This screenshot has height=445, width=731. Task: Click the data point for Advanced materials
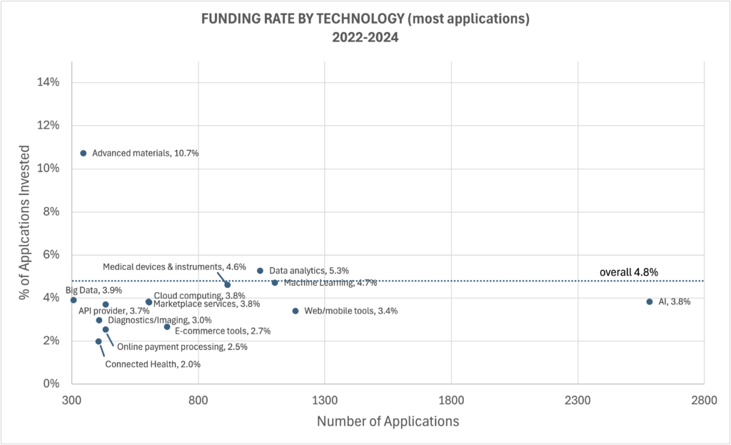point(83,153)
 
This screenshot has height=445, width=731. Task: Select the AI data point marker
point(649,301)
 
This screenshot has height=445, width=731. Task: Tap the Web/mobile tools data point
point(295,311)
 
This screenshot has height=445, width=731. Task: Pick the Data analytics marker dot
point(260,271)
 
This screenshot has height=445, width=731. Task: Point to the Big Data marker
point(74,300)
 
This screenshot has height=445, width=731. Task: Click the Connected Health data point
point(99,341)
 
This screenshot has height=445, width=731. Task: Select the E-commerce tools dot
point(167,326)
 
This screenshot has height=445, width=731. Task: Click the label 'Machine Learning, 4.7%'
point(330,283)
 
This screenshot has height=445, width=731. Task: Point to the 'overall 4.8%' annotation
point(628,272)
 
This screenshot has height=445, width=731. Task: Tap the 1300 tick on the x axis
point(325,400)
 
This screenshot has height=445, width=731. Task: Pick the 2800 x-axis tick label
point(704,400)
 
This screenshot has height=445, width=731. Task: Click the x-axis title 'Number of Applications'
point(388,421)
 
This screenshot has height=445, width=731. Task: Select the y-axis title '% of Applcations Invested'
point(25,233)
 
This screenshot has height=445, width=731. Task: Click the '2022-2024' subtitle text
point(365,38)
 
